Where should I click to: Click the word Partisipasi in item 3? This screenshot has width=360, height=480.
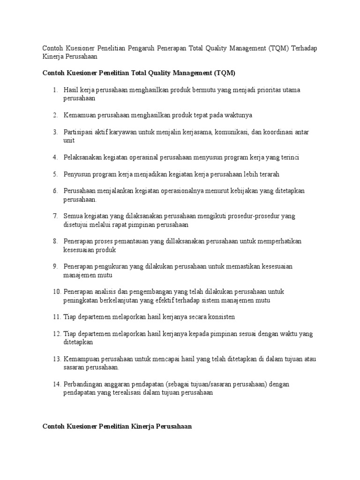78,132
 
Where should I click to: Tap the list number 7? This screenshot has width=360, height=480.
54,216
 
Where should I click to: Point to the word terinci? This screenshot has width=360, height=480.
289,157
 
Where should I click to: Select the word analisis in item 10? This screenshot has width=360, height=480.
102,292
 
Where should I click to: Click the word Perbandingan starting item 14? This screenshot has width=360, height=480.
82,385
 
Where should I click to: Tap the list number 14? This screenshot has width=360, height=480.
56,385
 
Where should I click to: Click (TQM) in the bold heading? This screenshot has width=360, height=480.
224,73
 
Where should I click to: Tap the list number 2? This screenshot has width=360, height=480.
54,115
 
